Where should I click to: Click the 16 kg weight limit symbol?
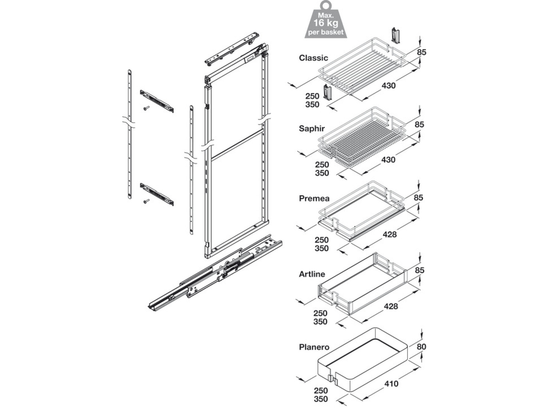tap(325, 22)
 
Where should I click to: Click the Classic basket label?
tap(313, 58)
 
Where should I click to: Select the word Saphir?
tap(311, 128)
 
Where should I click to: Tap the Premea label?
tap(314, 198)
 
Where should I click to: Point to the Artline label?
tap(312, 274)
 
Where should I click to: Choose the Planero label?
tap(314, 347)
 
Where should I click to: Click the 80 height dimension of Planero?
tap(421, 347)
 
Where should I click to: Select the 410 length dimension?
tap(391, 384)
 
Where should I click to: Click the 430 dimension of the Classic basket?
tap(389, 86)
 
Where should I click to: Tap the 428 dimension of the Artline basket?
tap(391, 306)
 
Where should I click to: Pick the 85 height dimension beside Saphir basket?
tap(419, 125)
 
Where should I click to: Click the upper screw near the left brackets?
tap(146, 108)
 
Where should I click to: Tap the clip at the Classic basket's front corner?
tap(327, 92)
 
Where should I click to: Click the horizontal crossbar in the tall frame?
tap(237, 145)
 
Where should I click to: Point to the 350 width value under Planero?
tap(321, 399)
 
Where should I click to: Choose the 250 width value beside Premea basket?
tap(321, 240)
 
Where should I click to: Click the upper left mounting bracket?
tap(157, 101)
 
